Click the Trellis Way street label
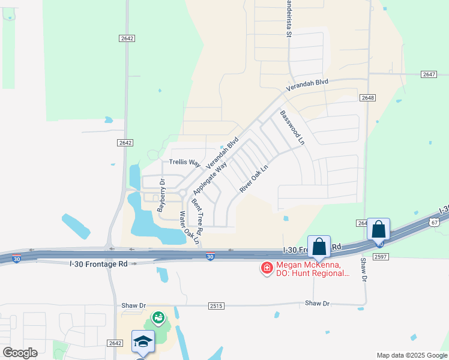[184, 162]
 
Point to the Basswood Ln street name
[292, 128]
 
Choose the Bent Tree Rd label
[197, 217]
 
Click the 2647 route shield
[429, 74]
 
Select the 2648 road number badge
[367, 97]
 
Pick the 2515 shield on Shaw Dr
[217, 306]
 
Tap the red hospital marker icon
[266, 268]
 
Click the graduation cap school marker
[143, 341]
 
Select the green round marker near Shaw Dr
[158, 316]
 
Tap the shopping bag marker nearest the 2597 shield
[378, 229]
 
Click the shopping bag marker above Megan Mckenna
[319, 247]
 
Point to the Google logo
[20, 353]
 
